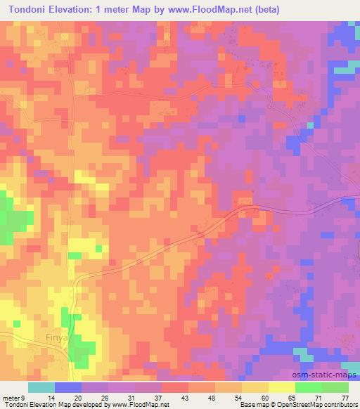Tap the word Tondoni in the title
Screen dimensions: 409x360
pyautogui.click(x=25, y=10)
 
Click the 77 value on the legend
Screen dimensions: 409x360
pyautogui.click(x=345, y=398)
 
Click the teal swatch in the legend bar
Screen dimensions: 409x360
pyautogui.click(x=41, y=387)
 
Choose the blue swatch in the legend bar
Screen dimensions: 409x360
pyautogui.click(x=68, y=387)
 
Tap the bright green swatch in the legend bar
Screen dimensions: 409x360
pyautogui.click(x=308, y=387)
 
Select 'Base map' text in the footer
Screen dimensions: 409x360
pyautogui.click(x=254, y=405)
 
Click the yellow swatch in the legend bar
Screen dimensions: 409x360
pyautogui.click(x=281, y=387)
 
